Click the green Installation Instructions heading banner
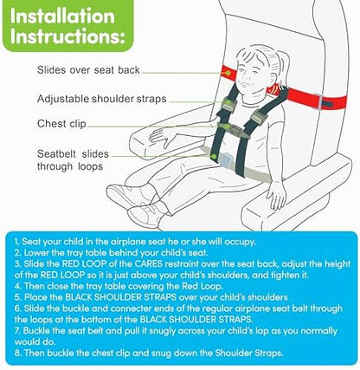[67, 25]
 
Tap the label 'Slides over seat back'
[88, 70]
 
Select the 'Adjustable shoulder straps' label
[102, 99]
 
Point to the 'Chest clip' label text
[61, 124]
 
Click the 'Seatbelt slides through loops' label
[73, 160]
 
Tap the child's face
[247, 75]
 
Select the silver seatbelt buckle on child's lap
[227, 160]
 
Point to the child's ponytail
[283, 67]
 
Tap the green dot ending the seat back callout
[228, 74]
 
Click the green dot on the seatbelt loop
[214, 156]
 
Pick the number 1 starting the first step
[16, 242]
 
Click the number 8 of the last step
[17, 353]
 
